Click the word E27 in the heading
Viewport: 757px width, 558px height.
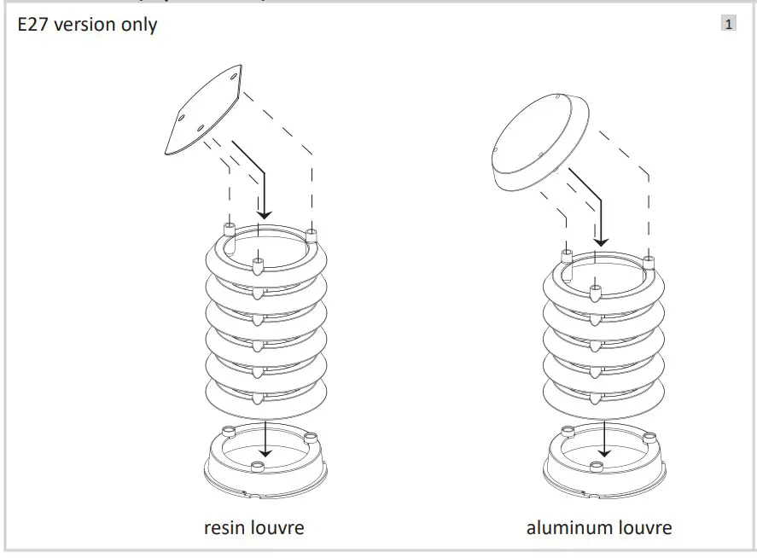33,25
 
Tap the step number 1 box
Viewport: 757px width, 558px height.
728,24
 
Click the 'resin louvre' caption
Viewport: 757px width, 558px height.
253,527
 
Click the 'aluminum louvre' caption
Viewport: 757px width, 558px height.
599,527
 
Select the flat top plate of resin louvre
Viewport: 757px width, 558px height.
202,110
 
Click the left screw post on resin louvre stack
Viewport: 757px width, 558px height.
228,230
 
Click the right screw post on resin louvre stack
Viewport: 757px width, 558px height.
311,233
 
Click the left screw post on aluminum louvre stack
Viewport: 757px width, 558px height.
565,255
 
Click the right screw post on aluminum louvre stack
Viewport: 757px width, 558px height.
649,259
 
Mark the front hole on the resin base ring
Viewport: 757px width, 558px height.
257,465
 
